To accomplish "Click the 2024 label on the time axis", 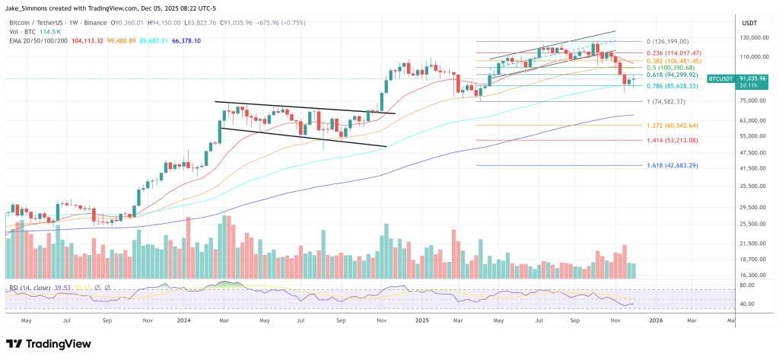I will (184, 320).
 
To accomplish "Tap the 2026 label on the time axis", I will (654, 320).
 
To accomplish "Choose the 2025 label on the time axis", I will (422, 320).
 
